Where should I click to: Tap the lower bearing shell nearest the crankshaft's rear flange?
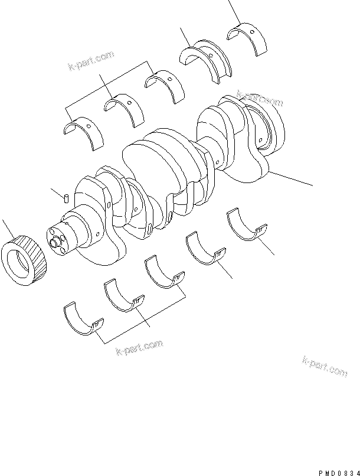click(x=247, y=224)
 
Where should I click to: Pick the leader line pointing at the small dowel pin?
click(x=57, y=191)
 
